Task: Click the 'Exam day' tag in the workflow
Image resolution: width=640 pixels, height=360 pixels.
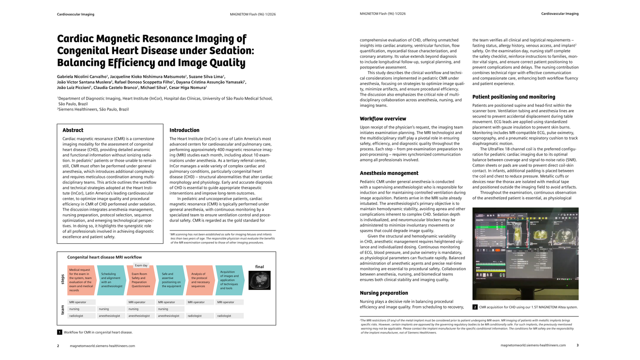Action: [x=141, y=265]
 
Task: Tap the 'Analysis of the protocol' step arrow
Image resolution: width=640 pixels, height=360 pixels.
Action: [x=200, y=280]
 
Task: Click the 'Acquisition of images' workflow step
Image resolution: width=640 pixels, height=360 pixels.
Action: [x=229, y=280]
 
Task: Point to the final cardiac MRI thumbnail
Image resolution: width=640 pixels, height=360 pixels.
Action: [x=259, y=280]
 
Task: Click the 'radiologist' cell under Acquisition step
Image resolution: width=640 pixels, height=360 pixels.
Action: [x=229, y=316]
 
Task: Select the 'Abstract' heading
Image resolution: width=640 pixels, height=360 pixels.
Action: [x=73, y=130]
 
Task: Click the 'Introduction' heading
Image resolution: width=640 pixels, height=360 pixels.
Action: [x=184, y=130]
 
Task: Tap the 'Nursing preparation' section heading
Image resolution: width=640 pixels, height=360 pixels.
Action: [x=384, y=293]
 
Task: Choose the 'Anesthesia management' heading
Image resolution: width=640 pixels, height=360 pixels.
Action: [x=389, y=173]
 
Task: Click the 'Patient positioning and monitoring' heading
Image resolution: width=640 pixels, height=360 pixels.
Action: [x=507, y=97]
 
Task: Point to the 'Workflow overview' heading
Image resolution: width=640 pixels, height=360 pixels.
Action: [x=383, y=119]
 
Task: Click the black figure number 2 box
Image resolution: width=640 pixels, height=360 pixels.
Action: [x=475, y=307]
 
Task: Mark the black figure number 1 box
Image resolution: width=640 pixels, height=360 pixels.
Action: [x=60, y=332]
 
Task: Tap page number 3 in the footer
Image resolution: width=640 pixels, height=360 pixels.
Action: [x=577, y=345]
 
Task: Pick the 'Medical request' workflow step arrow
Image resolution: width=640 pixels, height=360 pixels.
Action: [x=81, y=280]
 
